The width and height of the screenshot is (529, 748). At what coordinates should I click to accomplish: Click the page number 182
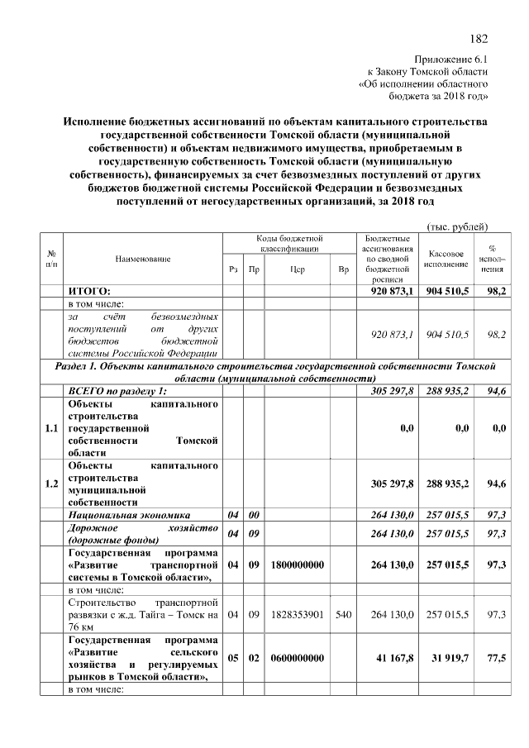pos(479,38)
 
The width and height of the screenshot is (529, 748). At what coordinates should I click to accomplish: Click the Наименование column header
pos(143,259)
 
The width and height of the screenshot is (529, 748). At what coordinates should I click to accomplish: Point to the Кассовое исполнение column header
pos(448,259)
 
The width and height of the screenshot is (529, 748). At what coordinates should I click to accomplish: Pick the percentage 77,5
pos(496,658)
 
